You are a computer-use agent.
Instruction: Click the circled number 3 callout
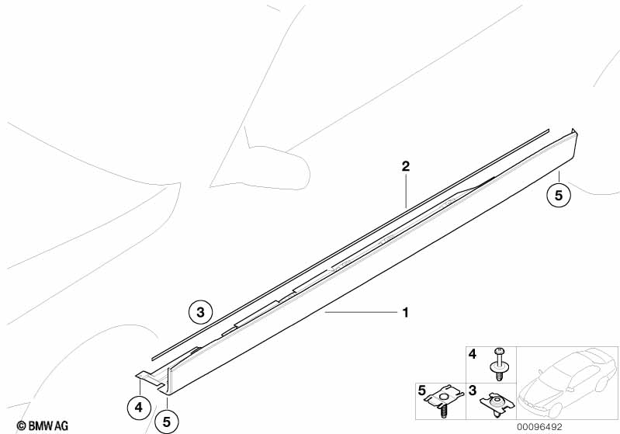(x=200, y=313)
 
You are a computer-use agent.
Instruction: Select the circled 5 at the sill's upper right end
(x=558, y=195)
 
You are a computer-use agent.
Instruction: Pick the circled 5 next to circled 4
(x=167, y=422)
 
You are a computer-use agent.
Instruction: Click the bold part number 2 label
(x=405, y=166)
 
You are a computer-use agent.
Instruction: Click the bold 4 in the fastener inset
(x=472, y=354)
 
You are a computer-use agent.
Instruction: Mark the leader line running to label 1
(x=361, y=312)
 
